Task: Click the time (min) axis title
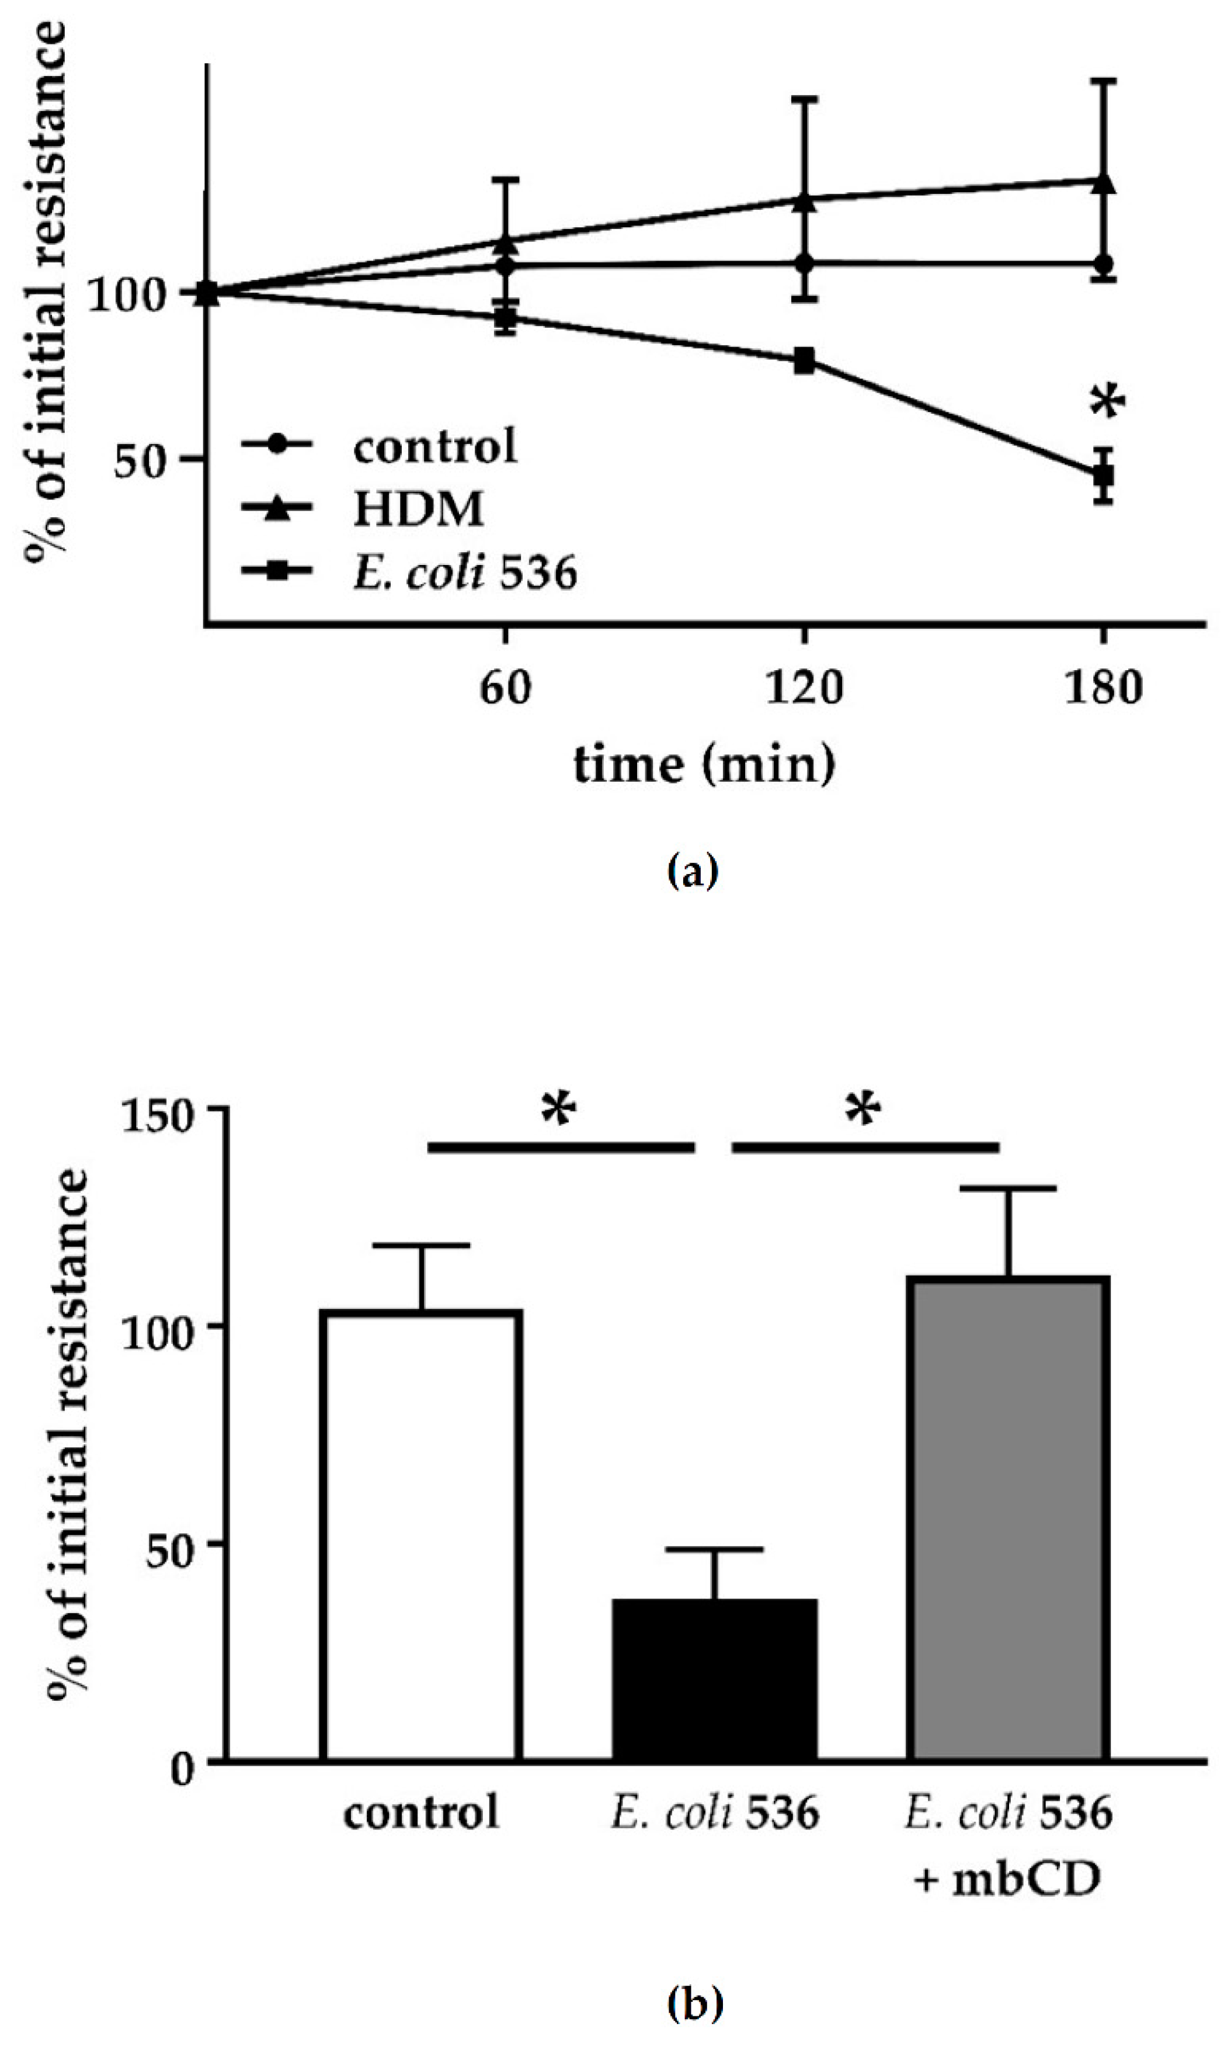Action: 704,765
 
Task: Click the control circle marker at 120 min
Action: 803,263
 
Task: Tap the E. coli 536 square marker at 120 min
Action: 803,361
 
